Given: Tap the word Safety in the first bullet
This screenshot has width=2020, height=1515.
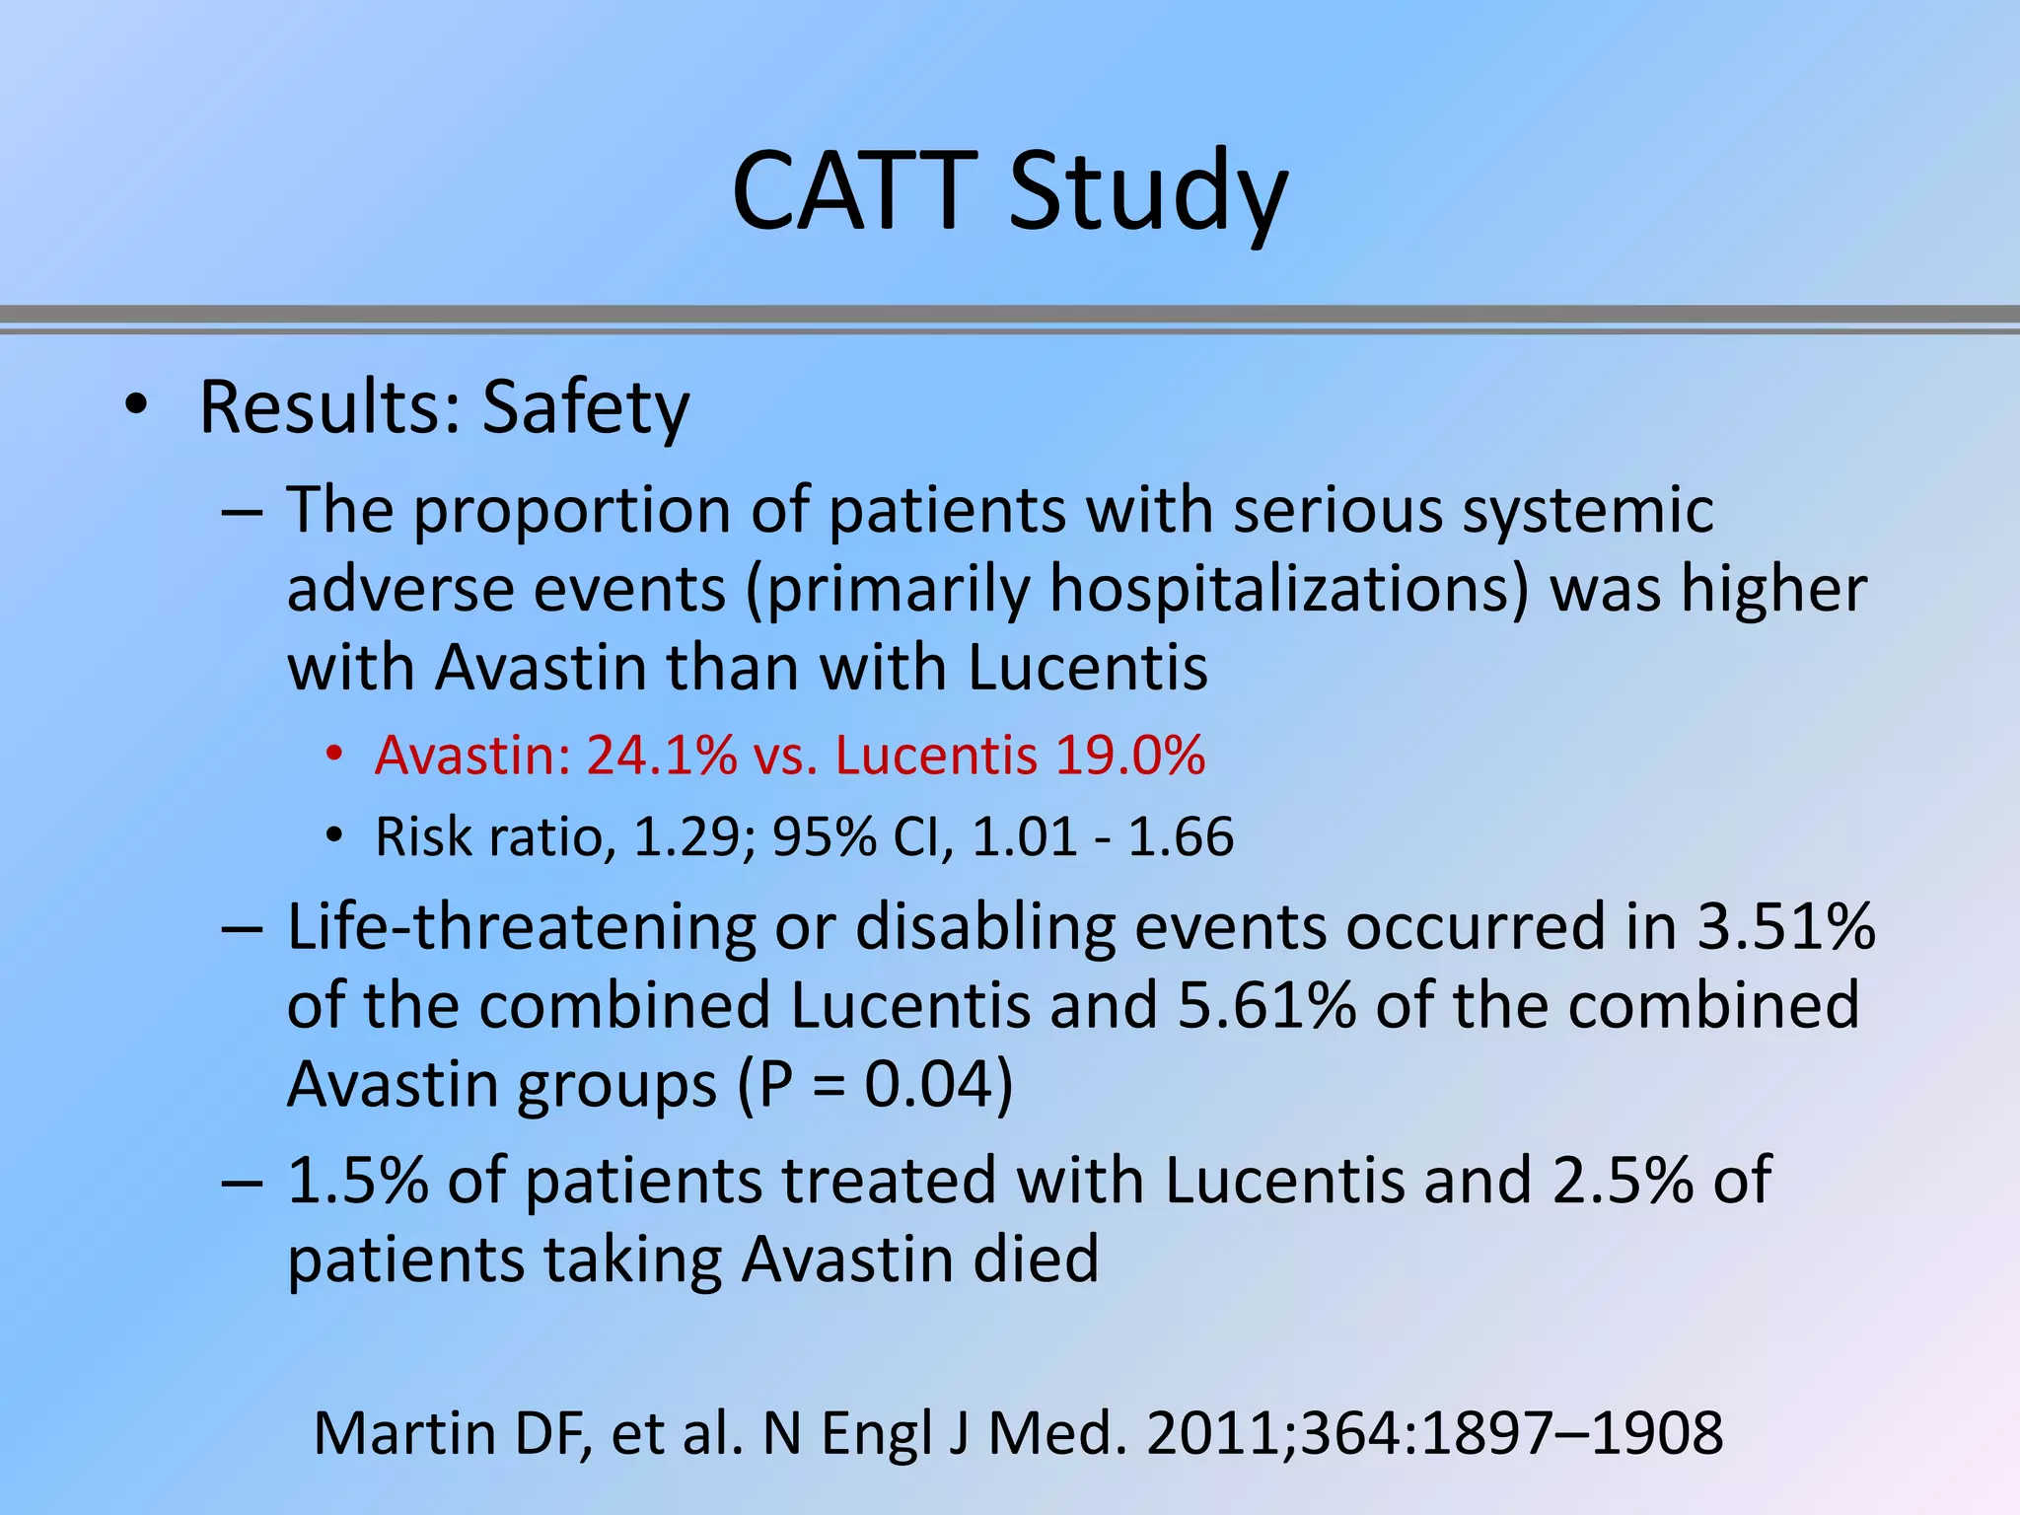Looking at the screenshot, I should click(586, 407).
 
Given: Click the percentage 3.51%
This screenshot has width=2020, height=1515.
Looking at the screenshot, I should click(1785, 927).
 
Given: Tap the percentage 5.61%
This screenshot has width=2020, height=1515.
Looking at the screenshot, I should click(1266, 1005).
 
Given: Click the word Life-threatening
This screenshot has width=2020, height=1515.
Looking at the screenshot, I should click(521, 927).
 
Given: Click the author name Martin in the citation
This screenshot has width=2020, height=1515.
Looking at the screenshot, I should click(404, 1433).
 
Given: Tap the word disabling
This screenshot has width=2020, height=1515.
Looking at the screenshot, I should click(985, 927).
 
